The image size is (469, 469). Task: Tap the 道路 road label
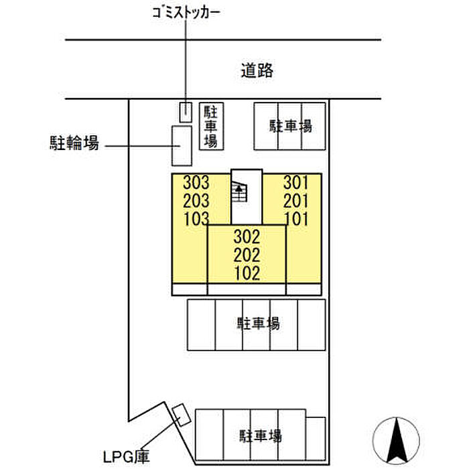[x=257, y=70]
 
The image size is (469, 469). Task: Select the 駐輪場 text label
[x=74, y=143]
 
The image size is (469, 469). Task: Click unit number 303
[x=196, y=182]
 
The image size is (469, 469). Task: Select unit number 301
[x=295, y=182]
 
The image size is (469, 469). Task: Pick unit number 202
[x=247, y=255]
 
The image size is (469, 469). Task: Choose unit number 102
[x=247, y=273]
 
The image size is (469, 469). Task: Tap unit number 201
[x=295, y=200]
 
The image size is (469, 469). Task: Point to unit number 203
[x=196, y=200]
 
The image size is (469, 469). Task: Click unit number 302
[x=247, y=237]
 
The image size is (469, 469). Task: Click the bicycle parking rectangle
[x=181, y=145]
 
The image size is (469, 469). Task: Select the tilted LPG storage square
[x=180, y=415]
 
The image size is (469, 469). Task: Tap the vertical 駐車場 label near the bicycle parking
[x=212, y=126]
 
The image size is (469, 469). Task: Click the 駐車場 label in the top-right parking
[x=291, y=125]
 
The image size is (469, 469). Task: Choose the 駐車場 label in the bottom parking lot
[x=260, y=436]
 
